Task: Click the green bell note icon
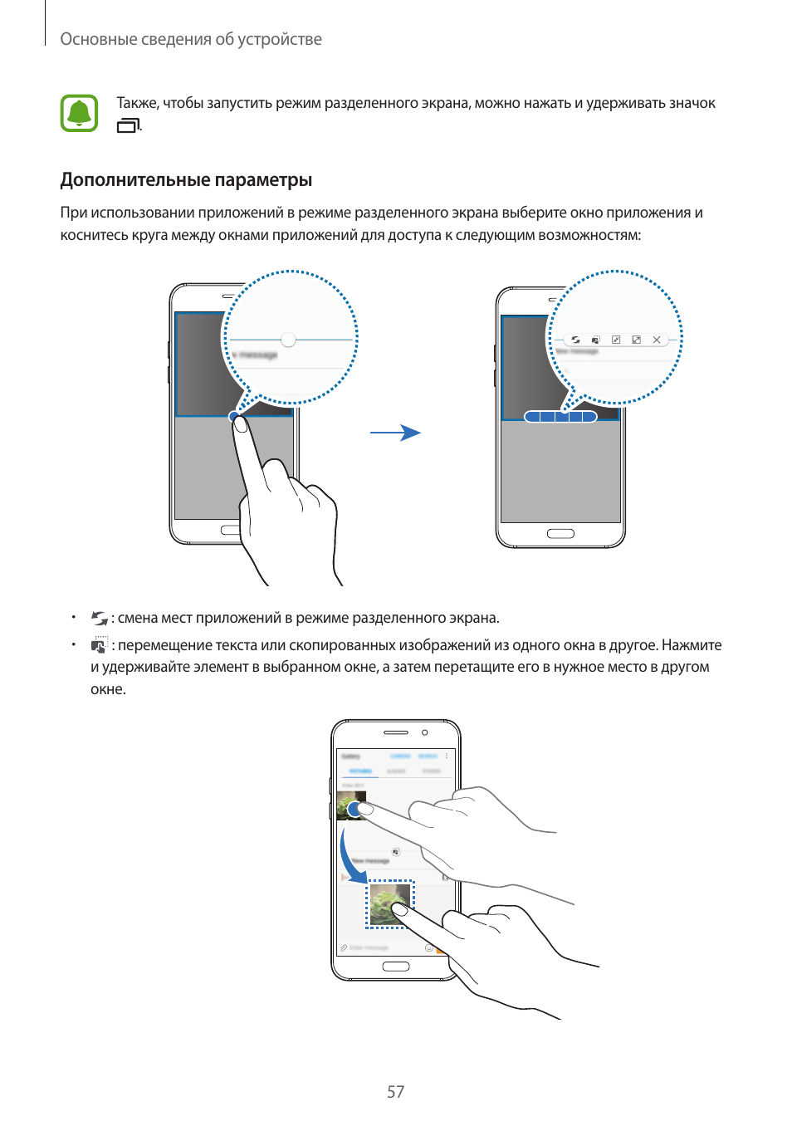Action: click(x=79, y=114)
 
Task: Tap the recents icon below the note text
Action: click(x=128, y=126)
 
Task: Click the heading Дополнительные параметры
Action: click(x=186, y=179)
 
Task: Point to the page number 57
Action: click(x=396, y=1092)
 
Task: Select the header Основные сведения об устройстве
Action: click(x=191, y=39)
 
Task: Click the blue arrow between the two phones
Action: click(x=395, y=433)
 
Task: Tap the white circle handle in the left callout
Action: click(x=288, y=340)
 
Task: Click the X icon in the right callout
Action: click(x=657, y=340)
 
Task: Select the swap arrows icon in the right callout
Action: click(x=575, y=340)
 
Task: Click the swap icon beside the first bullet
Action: click(x=100, y=619)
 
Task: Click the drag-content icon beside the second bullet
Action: click(x=100, y=645)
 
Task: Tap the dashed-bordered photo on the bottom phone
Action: click(x=389, y=903)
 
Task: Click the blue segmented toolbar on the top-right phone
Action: click(x=560, y=417)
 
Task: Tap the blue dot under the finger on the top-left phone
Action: click(x=235, y=416)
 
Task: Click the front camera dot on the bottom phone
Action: click(x=425, y=732)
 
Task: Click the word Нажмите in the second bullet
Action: click(x=692, y=645)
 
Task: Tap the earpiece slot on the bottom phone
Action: click(x=396, y=732)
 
